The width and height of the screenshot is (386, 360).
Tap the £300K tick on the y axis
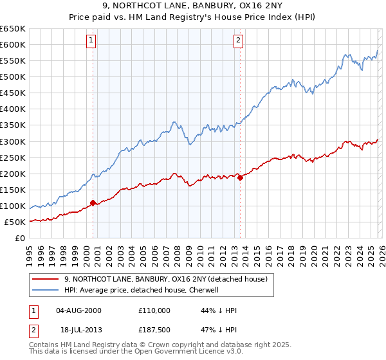(x=13, y=141)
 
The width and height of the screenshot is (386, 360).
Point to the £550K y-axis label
(x=13, y=60)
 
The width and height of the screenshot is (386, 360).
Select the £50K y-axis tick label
(x=15, y=222)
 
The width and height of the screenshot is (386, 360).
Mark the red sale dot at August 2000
(x=93, y=203)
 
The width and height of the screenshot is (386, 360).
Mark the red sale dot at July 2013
(x=240, y=177)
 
